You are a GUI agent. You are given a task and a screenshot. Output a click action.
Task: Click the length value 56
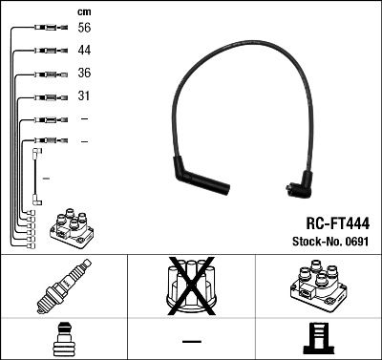(x=85, y=30)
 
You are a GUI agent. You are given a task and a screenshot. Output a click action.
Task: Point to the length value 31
(x=84, y=96)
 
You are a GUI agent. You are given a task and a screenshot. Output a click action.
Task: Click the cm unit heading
(x=83, y=11)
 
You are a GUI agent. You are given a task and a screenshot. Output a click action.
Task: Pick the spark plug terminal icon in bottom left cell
(x=63, y=338)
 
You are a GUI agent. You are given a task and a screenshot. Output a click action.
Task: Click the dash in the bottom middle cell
(x=191, y=339)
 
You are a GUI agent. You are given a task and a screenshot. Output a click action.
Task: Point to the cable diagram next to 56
(x=46, y=30)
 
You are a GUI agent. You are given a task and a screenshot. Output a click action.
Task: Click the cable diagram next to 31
(x=47, y=96)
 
